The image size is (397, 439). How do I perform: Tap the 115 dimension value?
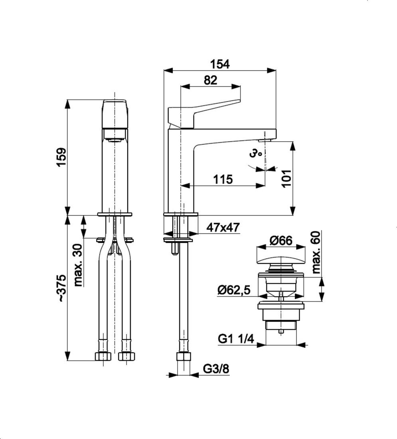(223, 179)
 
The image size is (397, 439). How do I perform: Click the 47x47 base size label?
(223, 227)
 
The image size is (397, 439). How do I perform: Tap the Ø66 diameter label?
(281, 240)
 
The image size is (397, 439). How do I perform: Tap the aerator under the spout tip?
(266, 140)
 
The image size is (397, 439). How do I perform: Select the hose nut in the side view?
(184, 356)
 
